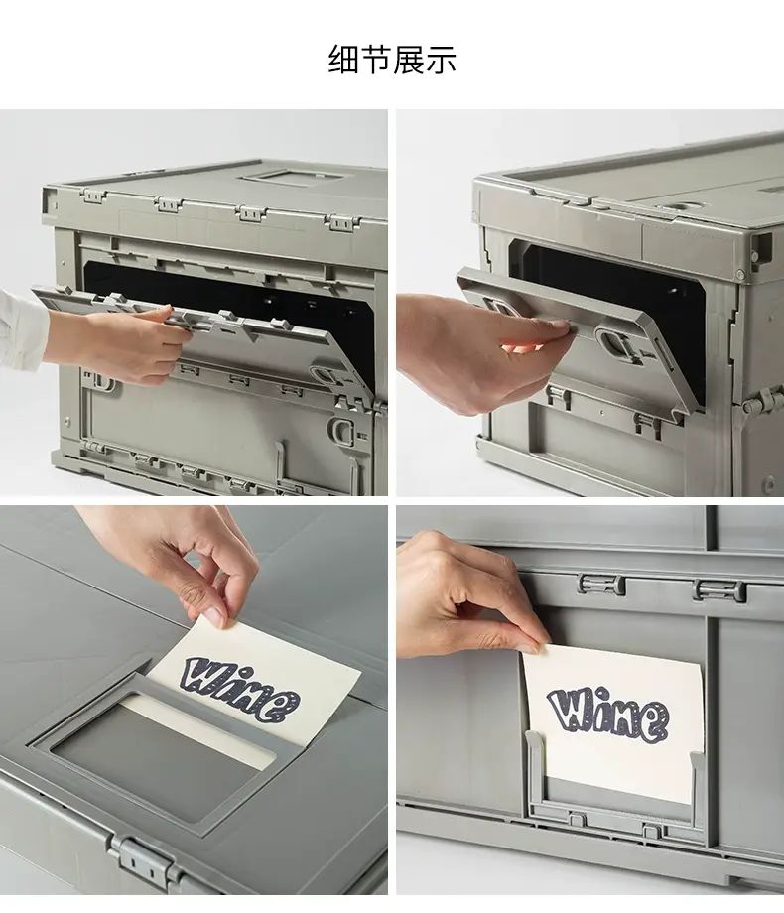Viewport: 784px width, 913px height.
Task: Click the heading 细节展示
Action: coord(392,59)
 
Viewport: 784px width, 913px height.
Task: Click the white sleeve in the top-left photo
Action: coord(21,329)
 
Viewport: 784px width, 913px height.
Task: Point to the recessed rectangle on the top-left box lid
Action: coord(291,177)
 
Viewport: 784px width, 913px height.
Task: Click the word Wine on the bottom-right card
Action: coord(607,715)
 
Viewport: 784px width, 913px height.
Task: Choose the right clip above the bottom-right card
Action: coord(719,589)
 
